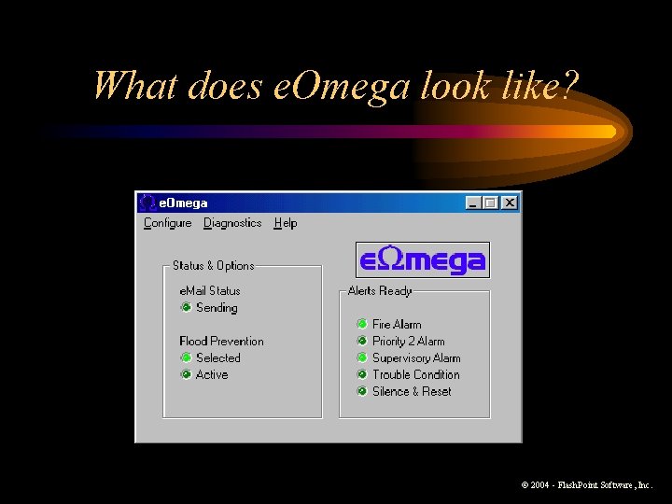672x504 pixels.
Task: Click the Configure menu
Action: [167, 223]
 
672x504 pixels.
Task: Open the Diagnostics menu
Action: [232, 223]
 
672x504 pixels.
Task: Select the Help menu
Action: [286, 223]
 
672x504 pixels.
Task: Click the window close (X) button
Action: [509, 203]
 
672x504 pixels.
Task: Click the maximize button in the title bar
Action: [491, 203]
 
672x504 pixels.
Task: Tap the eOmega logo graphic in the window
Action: [423, 260]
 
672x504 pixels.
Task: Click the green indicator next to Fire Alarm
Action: [362, 324]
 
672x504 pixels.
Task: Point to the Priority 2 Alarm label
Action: [408, 341]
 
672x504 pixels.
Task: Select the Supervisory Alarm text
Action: [416, 357]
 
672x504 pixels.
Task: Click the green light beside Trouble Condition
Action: [362, 374]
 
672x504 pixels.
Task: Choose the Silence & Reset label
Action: [412, 391]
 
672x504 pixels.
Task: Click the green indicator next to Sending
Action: [186, 307]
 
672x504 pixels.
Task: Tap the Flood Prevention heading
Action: [221, 341]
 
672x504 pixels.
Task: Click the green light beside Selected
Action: [186, 357]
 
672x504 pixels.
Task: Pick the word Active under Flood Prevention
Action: [212, 374]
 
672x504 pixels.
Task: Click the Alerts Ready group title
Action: [380, 290]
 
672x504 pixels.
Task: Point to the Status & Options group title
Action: [213, 265]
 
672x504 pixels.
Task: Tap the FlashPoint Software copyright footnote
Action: [587, 485]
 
